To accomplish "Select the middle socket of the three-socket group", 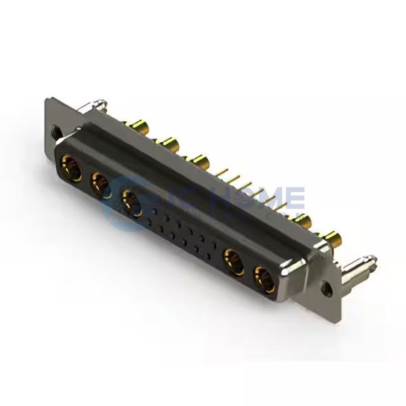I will click(99, 182).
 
